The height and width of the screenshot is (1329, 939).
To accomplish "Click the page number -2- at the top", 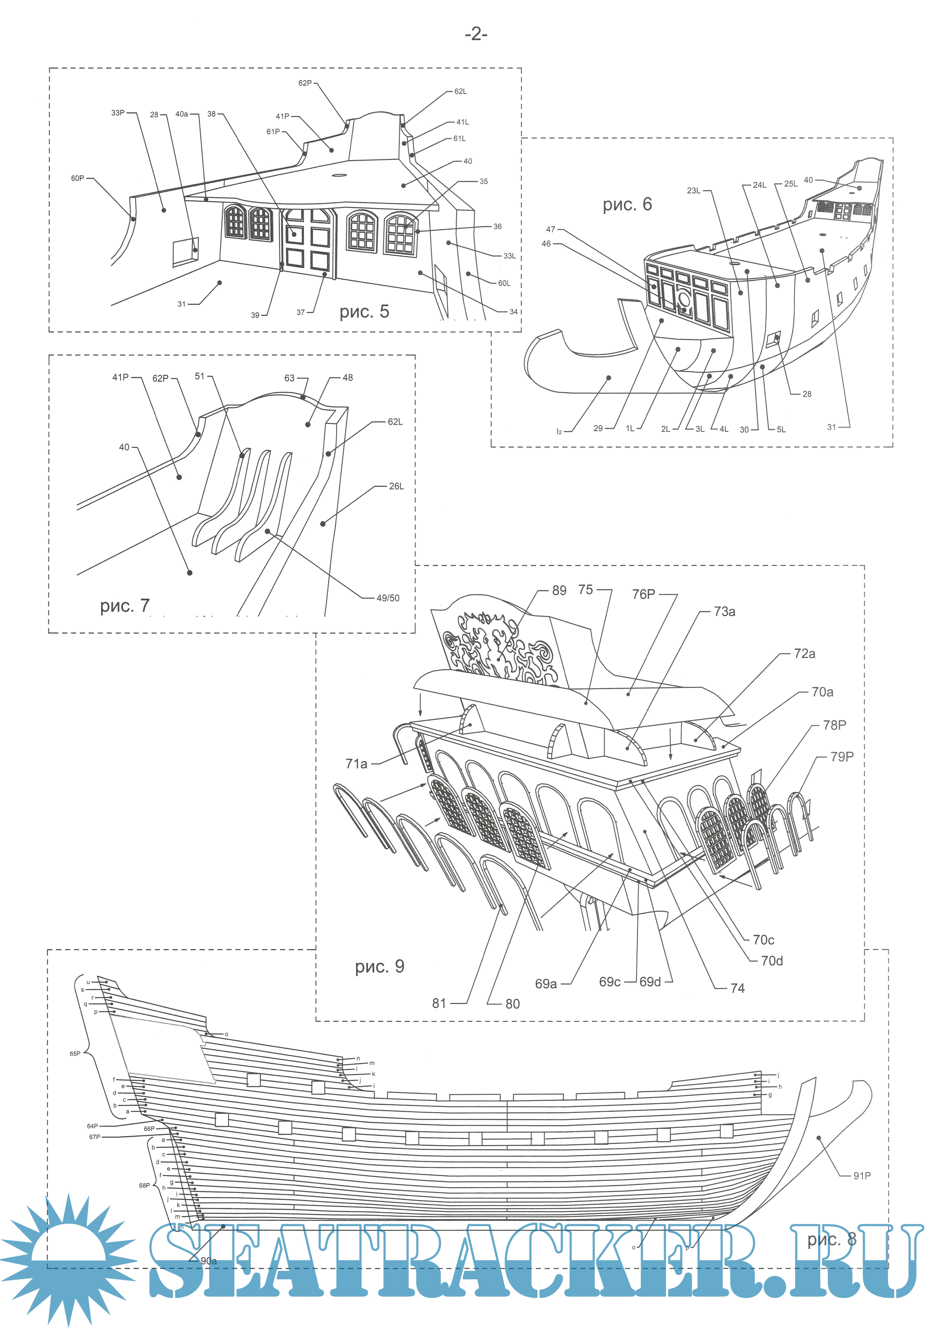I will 476,35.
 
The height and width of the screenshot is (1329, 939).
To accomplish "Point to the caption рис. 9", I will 380,966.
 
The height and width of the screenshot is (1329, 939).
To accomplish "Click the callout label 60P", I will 78,178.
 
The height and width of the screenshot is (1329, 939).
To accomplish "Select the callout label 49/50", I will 388,598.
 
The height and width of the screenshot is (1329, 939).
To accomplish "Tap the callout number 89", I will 559,590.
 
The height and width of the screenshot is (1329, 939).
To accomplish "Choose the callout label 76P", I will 643,594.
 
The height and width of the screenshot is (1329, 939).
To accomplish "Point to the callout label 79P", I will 842,756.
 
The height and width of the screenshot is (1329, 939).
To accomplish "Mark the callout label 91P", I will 861,1176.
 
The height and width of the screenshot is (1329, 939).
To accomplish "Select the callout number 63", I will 289,378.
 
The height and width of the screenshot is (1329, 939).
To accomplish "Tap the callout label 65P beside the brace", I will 75,1054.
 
